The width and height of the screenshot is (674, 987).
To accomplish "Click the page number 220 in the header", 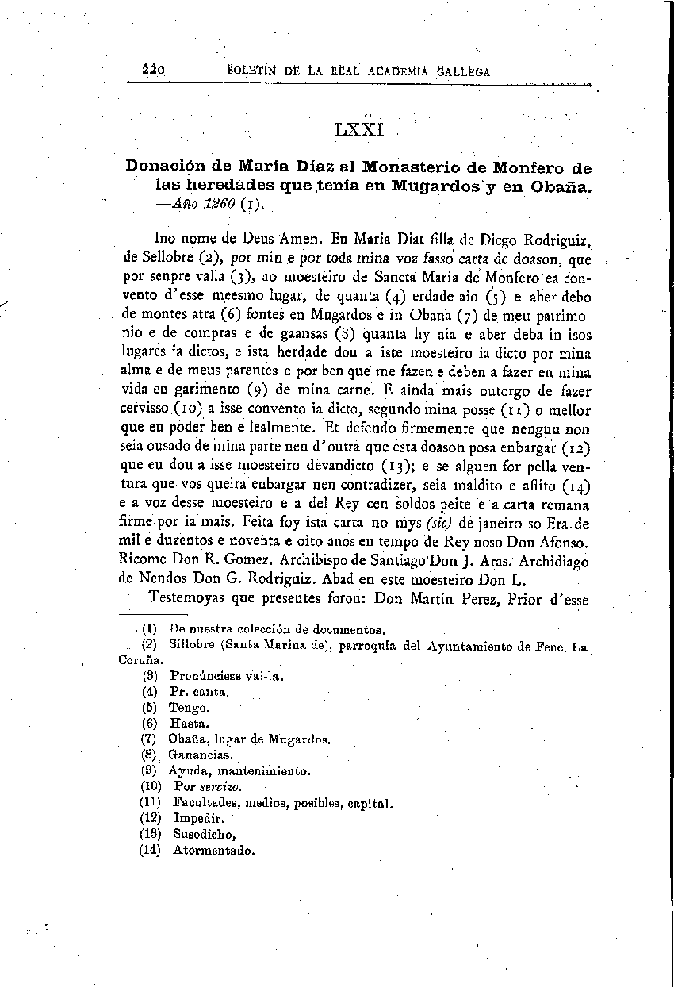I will point(152,70).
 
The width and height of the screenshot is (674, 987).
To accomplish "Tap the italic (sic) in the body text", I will point(439,524).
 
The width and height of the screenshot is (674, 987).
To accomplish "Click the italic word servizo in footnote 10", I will point(220,787).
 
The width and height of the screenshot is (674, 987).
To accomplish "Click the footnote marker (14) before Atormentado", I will point(150,850).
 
